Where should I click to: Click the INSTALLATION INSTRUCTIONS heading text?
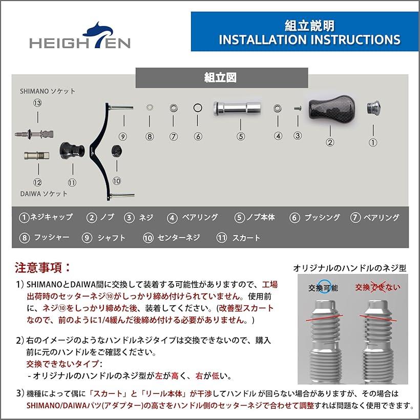click(309, 40)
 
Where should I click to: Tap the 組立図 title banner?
click(221, 78)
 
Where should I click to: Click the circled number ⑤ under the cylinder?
click(241, 136)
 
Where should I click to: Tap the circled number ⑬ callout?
click(37, 103)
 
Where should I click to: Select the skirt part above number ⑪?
click(72, 150)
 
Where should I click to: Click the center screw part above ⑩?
click(116, 151)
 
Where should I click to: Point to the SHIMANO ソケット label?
click(48, 91)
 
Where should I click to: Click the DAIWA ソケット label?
click(44, 194)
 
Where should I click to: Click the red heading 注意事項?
click(43, 267)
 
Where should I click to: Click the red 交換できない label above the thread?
click(378, 287)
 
